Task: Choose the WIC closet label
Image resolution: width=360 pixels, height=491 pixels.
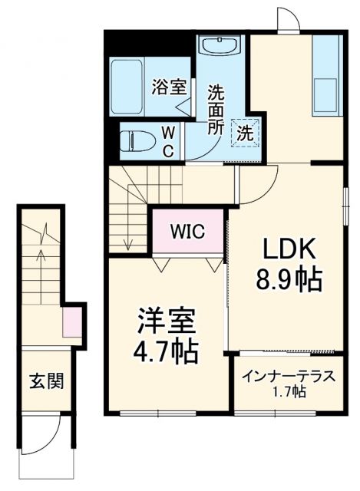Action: coord(188,231)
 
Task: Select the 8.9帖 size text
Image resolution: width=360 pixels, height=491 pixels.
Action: coord(289,278)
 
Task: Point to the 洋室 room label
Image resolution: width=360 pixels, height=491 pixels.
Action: coord(167,321)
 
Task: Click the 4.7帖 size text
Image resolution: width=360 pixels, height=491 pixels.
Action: coord(167,352)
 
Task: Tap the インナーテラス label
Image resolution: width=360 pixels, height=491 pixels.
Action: coord(287,377)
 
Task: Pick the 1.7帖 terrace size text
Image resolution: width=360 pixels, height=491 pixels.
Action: coord(289,393)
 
